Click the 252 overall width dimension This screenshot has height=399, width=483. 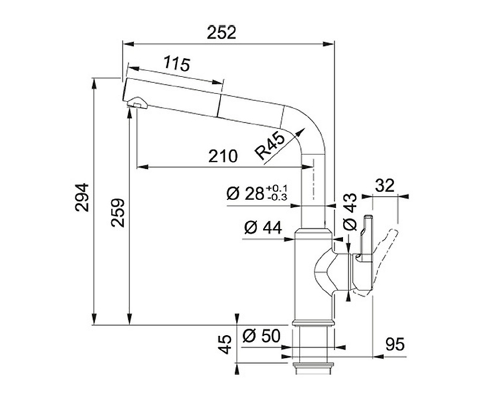pyautogui.click(x=221, y=33)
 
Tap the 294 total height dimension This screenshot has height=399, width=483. pyautogui.click(x=82, y=198)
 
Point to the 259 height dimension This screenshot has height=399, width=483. pyautogui.click(x=118, y=213)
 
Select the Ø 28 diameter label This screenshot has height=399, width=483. pyautogui.click(x=245, y=194)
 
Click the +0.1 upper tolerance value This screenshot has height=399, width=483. pyautogui.click(x=277, y=188)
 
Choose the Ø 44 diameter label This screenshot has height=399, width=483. pyautogui.click(x=262, y=228)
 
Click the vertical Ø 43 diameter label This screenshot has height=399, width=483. pyautogui.click(x=349, y=211)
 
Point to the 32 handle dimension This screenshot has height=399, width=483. pyautogui.click(x=385, y=186)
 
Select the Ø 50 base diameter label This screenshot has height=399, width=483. pyautogui.click(x=261, y=336)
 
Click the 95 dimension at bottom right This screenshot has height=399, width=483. pyautogui.click(x=394, y=344)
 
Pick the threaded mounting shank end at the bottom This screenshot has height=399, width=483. pyautogui.click(x=312, y=368)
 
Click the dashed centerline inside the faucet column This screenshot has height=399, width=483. pyautogui.click(x=314, y=180)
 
